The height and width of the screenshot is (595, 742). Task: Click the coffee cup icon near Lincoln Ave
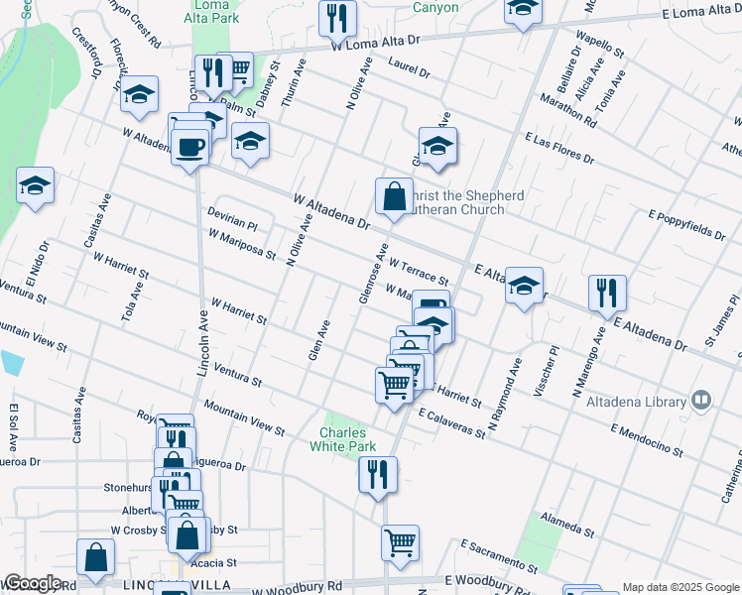click(189, 147)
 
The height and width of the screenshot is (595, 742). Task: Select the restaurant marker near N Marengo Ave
click(607, 293)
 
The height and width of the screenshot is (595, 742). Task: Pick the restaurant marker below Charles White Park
click(378, 474)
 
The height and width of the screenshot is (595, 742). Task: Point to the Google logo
click(33, 583)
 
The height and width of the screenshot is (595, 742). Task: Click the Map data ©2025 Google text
click(680, 587)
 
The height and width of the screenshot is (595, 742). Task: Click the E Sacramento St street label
click(499, 556)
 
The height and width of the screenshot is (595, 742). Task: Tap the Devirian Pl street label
click(232, 218)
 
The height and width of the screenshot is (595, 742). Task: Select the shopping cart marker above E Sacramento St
click(400, 541)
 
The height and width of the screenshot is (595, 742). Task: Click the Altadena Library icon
click(701, 401)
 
